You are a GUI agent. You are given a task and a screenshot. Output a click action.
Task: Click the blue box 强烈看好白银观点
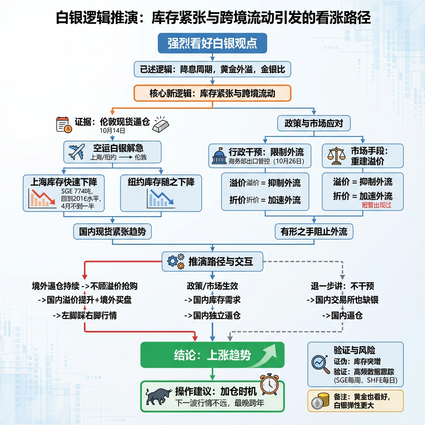point(212,44)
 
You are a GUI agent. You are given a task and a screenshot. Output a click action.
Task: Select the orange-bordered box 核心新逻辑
point(212,93)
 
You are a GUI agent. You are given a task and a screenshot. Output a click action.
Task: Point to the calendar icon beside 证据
point(64,125)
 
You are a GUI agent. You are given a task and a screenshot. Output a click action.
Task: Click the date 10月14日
point(112,130)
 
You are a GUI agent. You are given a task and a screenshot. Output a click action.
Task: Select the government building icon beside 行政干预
point(220,156)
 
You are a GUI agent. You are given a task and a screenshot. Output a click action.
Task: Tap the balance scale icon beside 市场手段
point(336,155)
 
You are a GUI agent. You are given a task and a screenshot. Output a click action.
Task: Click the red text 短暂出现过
point(376,205)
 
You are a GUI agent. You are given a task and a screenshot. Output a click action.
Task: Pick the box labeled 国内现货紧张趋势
point(112,232)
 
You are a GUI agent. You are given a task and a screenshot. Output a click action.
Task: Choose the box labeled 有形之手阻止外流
point(314,232)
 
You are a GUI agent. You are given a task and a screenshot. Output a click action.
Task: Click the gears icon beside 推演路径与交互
point(176,262)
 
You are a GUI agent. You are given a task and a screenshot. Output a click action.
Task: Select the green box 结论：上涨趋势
point(212,355)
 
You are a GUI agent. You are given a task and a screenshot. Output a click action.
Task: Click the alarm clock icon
point(269,384)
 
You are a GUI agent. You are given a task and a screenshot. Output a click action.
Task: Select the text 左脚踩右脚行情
point(85,315)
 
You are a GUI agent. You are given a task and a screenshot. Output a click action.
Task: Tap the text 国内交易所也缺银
point(342,300)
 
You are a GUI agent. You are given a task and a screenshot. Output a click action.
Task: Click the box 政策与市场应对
point(314,123)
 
